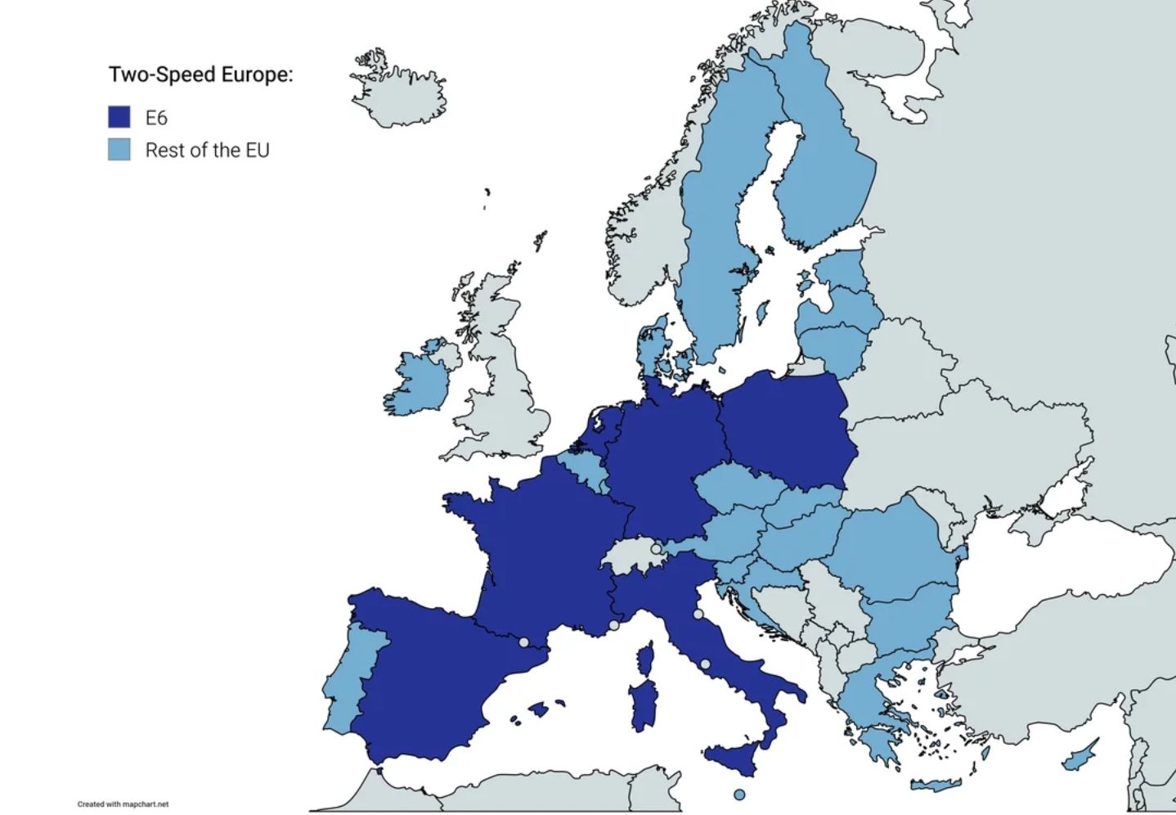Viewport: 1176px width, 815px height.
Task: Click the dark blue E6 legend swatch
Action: (x=119, y=117)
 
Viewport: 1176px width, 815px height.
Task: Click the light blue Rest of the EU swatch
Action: (x=119, y=150)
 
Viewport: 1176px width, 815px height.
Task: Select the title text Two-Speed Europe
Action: (x=200, y=74)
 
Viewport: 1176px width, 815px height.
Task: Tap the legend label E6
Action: (x=156, y=118)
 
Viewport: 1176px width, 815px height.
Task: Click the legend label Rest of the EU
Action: (x=207, y=151)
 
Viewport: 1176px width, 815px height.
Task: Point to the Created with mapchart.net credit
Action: (x=123, y=804)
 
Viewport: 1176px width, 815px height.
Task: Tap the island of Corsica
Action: (x=646, y=660)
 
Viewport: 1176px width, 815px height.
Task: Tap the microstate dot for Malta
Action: (x=739, y=795)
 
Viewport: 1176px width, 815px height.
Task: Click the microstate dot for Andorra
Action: (x=524, y=642)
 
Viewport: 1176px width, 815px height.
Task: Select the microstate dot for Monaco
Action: (x=614, y=625)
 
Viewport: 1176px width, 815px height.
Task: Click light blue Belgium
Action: (x=581, y=471)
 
